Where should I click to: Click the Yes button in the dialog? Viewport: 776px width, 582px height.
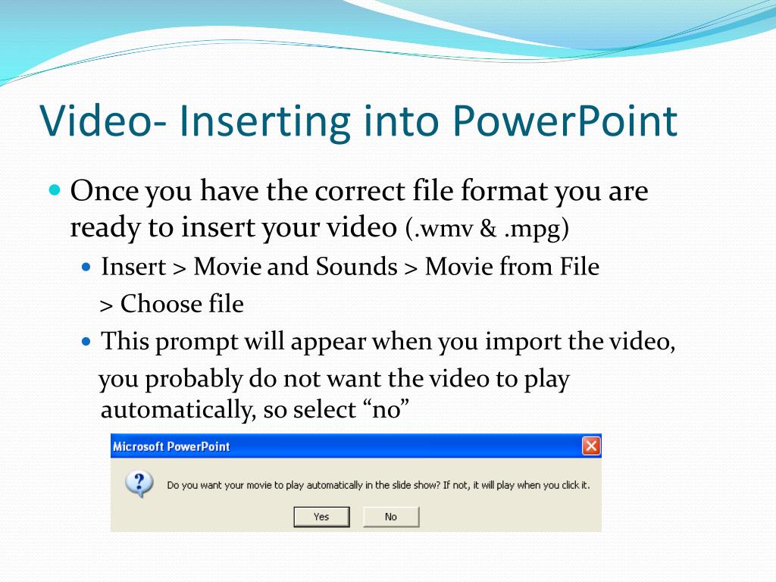(321, 517)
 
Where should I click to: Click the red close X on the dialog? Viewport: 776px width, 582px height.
(591, 446)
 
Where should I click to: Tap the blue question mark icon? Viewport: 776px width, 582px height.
(139, 483)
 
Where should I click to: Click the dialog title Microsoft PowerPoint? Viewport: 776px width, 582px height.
(171, 446)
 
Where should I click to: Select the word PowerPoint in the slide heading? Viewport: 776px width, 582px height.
(565, 120)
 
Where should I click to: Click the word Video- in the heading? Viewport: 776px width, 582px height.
(103, 120)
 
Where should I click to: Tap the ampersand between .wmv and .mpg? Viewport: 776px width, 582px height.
(488, 228)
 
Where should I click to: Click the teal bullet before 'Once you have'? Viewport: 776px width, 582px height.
(55, 189)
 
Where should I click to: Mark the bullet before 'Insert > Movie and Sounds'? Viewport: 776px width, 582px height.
(86, 268)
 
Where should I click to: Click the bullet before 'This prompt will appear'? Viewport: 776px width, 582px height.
(86, 342)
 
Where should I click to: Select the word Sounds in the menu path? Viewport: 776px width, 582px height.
(356, 267)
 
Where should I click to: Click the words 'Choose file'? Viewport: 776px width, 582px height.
(182, 303)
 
